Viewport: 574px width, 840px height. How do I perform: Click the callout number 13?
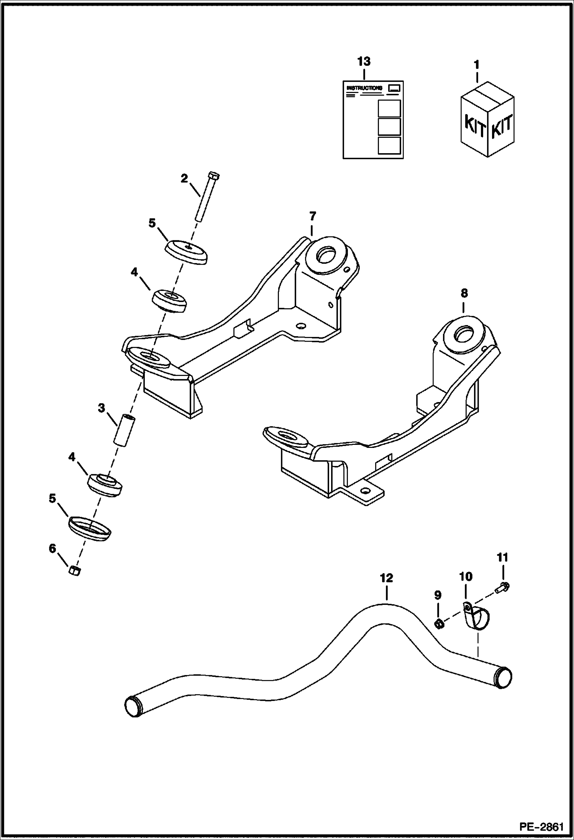tap(364, 61)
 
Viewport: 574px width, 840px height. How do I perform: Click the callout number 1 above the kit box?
tap(477, 65)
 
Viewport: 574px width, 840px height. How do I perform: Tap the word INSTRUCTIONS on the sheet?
tap(364, 88)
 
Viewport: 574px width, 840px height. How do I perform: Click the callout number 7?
tap(312, 216)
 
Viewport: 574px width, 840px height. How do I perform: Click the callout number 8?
tap(464, 294)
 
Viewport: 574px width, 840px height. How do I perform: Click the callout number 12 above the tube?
tap(387, 578)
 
